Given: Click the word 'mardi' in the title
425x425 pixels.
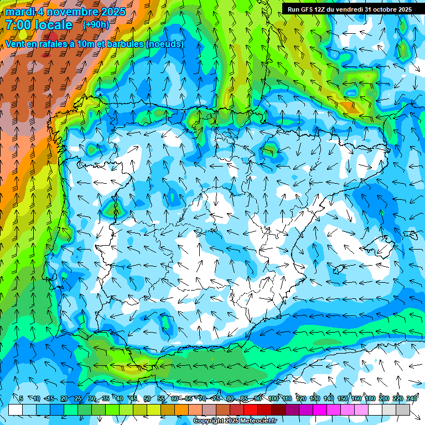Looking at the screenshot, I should pos(19,12).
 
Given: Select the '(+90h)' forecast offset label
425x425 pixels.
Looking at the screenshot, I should pos(96,24).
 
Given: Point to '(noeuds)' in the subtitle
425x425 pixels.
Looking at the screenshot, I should pos(165,44).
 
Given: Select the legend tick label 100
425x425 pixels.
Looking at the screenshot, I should pos(273,398).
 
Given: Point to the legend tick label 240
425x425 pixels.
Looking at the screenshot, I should pos(411,398).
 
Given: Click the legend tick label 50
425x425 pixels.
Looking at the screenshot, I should pos(147,398).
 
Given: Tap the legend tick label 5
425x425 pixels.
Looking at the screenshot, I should pos(21,398).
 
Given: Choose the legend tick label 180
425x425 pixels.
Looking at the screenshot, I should pos(370,398).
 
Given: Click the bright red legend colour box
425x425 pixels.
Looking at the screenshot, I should pos(251,410).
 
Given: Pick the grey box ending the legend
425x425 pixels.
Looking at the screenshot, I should pos(403,410).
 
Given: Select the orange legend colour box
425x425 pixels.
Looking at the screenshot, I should pos(182,410).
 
